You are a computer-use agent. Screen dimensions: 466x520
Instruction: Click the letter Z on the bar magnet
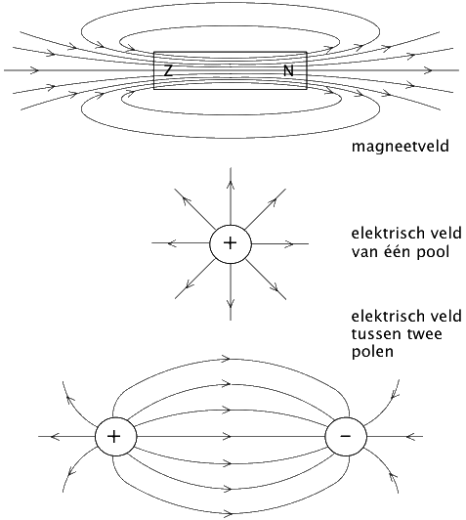[x=168, y=70]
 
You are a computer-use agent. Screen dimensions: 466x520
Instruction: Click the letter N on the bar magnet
[x=288, y=70]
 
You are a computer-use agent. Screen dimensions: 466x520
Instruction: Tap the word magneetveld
[x=401, y=147]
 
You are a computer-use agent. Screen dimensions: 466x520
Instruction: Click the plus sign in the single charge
[x=231, y=243]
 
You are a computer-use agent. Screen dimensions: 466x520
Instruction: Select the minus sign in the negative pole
[x=346, y=436]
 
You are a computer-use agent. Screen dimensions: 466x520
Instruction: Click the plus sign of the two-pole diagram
[x=113, y=436]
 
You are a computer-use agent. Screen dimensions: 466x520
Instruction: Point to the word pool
[x=429, y=252]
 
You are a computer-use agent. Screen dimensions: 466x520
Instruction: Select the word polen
[x=372, y=351]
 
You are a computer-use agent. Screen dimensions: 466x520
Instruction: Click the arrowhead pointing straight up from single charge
[x=231, y=185]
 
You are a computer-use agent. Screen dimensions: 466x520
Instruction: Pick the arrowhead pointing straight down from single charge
[x=231, y=303]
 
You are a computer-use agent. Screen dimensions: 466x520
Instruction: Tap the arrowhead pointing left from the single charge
[x=172, y=243]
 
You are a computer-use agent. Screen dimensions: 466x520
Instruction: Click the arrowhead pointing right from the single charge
[x=289, y=243]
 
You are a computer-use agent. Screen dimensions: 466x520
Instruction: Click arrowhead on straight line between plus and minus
[x=227, y=436]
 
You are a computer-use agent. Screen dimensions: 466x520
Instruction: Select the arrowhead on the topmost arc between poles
[x=226, y=358]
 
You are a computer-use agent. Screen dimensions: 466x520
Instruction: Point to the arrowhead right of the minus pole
[x=411, y=436]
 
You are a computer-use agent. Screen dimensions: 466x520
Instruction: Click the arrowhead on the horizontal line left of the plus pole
[x=55, y=436]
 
